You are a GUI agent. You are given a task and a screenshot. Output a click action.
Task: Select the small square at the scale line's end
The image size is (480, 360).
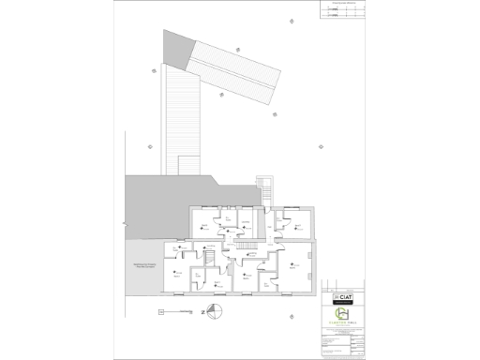point(161,310)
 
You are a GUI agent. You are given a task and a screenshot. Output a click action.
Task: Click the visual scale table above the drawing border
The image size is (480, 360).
point(325,8)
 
